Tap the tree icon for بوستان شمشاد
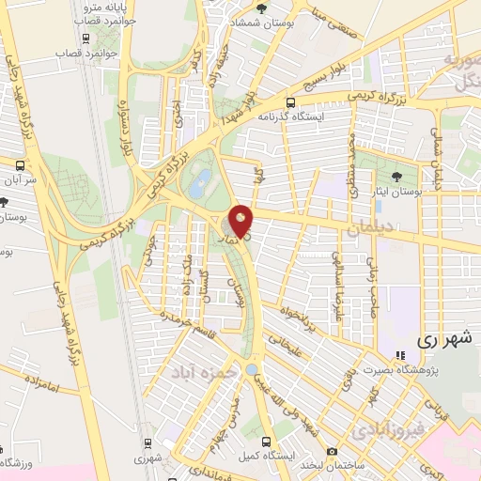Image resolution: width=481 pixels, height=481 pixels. point(274,8)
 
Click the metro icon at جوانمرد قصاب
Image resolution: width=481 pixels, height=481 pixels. point(86,39)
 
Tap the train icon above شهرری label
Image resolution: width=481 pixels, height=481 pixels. point(147,444)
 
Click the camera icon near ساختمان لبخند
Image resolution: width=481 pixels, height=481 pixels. point(332,452)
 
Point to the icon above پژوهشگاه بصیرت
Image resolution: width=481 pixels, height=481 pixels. point(401,355)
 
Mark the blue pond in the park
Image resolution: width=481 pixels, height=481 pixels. point(199,185)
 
